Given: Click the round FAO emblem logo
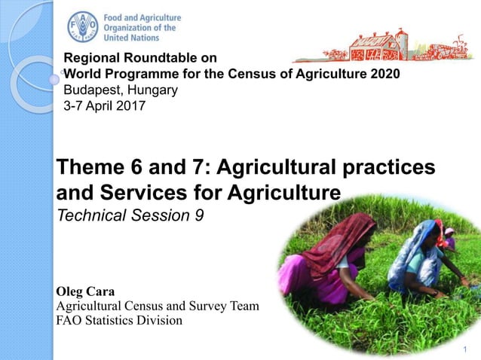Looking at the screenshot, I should [x=82, y=27].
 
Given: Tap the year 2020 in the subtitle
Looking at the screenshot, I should [x=384, y=74].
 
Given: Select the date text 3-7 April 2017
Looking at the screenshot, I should [x=105, y=105].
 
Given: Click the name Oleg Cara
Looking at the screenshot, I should [x=87, y=291].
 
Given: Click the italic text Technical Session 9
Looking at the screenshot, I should [x=130, y=215].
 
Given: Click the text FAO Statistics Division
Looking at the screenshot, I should [x=120, y=320].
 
